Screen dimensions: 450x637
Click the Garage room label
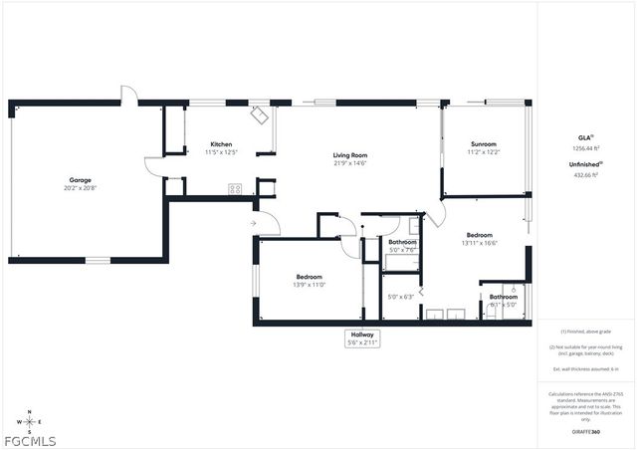pyautogui.click(x=80, y=179)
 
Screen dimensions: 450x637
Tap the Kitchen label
pyautogui.click(x=220, y=144)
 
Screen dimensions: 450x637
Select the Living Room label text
pyautogui.click(x=350, y=155)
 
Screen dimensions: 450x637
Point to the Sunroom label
pyautogui.click(x=484, y=145)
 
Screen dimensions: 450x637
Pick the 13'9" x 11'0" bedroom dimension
pyautogui.click(x=309, y=285)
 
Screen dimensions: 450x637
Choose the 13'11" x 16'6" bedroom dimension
pyautogui.click(x=480, y=242)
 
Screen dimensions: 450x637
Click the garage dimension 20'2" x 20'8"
pyautogui.click(x=80, y=187)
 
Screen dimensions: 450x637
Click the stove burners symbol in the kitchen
pyautogui.click(x=236, y=189)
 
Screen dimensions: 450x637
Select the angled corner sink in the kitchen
pyautogui.click(x=260, y=115)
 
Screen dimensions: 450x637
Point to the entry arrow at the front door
pyautogui.click(x=254, y=224)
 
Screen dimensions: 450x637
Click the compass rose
pyautogui.click(x=30, y=422)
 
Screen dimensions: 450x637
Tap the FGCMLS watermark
pyautogui.click(x=30, y=441)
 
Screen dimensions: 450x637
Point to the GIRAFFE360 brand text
pyautogui.click(x=585, y=432)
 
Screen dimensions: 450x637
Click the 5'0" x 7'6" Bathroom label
pyautogui.click(x=402, y=246)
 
